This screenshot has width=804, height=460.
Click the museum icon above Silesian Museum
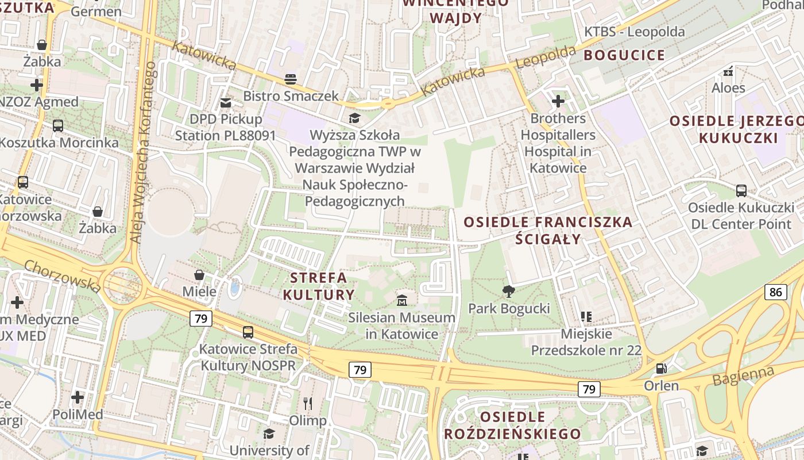pos(402,300)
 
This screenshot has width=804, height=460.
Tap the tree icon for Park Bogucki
pos(508,291)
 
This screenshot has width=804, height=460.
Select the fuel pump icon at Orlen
pos(662,368)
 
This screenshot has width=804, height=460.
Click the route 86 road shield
pos(775,292)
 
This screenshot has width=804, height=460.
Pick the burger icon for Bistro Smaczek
pos(291,79)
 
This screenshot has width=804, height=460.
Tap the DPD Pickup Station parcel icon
pos(226,102)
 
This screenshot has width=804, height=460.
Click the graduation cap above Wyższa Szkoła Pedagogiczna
pos(354,118)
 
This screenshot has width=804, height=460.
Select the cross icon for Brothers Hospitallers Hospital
pos(558,101)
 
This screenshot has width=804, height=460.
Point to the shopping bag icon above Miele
pos(199,274)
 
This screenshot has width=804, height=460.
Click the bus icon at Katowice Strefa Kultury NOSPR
pos(248,332)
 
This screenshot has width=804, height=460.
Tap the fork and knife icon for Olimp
pos(308,403)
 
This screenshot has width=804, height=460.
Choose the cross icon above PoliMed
pos(78,397)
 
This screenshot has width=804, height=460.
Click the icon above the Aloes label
pos(728,71)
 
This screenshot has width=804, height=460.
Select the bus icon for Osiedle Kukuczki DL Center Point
pos(741,190)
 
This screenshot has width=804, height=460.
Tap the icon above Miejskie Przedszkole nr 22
pos(586,316)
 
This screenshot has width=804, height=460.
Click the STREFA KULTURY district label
pos(318,286)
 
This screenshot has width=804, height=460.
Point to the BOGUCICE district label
pos(624,56)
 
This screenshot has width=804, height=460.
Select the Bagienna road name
pos(743,376)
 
